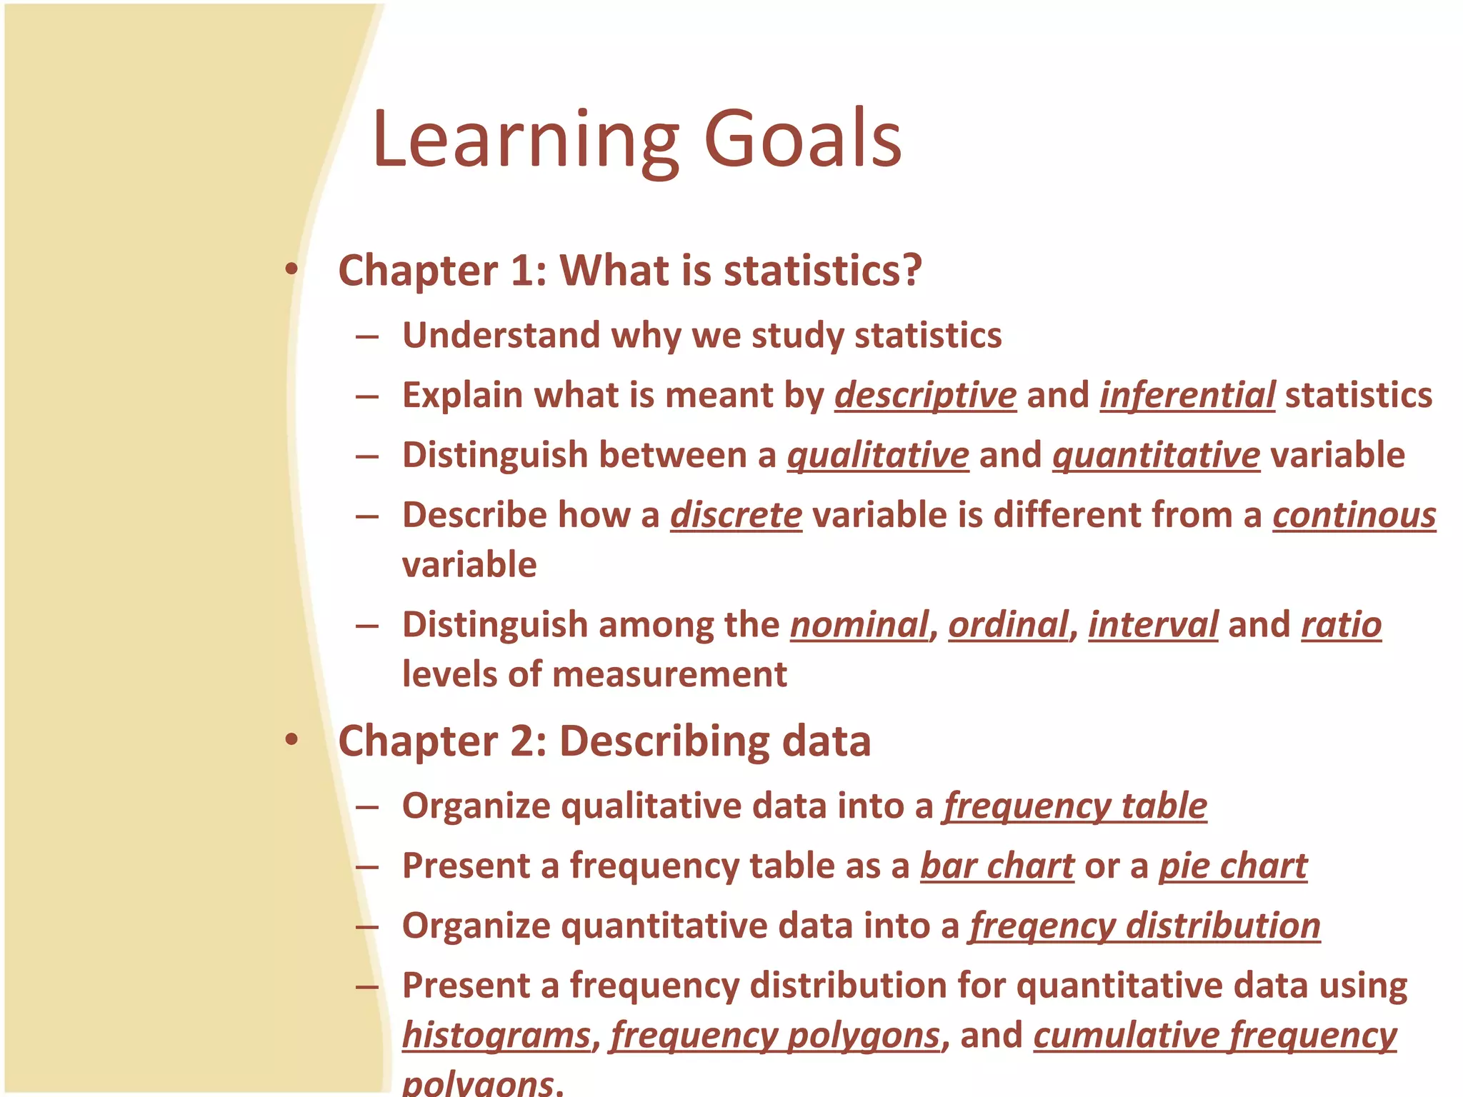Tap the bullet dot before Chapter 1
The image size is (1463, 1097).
click(291, 269)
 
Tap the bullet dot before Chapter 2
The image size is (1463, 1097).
click(291, 739)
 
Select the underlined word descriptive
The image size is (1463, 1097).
click(925, 396)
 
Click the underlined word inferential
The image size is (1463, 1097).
click(1187, 396)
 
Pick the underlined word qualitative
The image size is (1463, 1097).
click(877, 456)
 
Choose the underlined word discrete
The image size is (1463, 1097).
click(736, 515)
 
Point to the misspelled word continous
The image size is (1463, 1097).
click(1354, 515)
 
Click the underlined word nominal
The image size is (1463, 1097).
click(859, 625)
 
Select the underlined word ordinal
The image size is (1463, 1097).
click(1009, 625)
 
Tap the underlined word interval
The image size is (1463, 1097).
click(1152, 625)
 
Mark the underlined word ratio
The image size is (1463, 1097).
click(1341, 625)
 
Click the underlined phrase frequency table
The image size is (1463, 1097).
click(1074, 806)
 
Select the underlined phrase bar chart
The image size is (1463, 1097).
click(997, 866)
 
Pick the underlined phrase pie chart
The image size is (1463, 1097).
click(1232, 866)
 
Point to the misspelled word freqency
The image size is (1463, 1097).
click(1042, 926)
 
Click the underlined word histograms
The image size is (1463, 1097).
click(496, 1036)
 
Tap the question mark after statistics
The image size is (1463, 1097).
click(911, 271)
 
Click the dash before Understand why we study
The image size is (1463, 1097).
click(366, 336)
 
